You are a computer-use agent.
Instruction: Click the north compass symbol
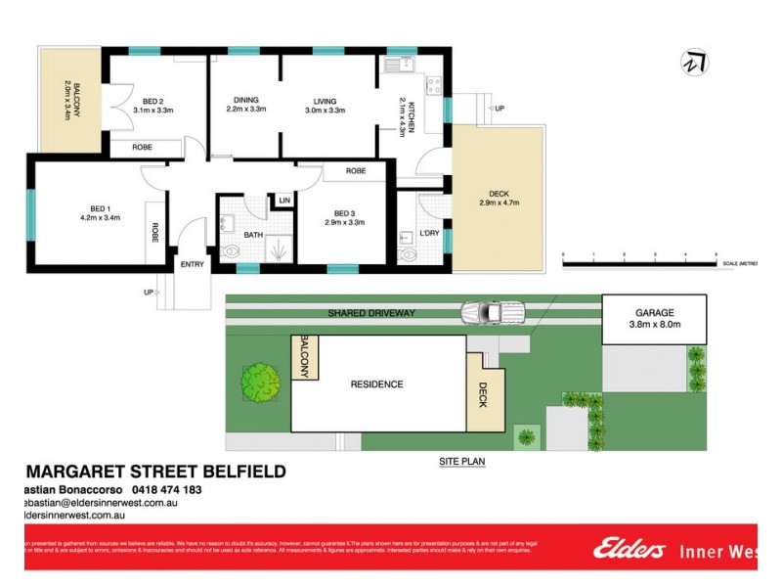click(695, 63)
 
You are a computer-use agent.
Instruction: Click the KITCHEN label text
click(412, 116)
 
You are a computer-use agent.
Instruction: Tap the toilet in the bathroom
click(231, 254)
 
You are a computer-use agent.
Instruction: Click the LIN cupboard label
click(284, 201)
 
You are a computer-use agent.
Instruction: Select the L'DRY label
click(427, 234)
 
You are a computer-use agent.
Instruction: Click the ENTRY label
click(193, 264)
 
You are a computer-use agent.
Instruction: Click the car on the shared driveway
click(493, 312)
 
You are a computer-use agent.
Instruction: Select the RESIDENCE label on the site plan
click(376, 384)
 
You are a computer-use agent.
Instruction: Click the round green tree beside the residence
click(259, 379)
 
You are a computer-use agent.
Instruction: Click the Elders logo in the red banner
click(630, 550)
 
